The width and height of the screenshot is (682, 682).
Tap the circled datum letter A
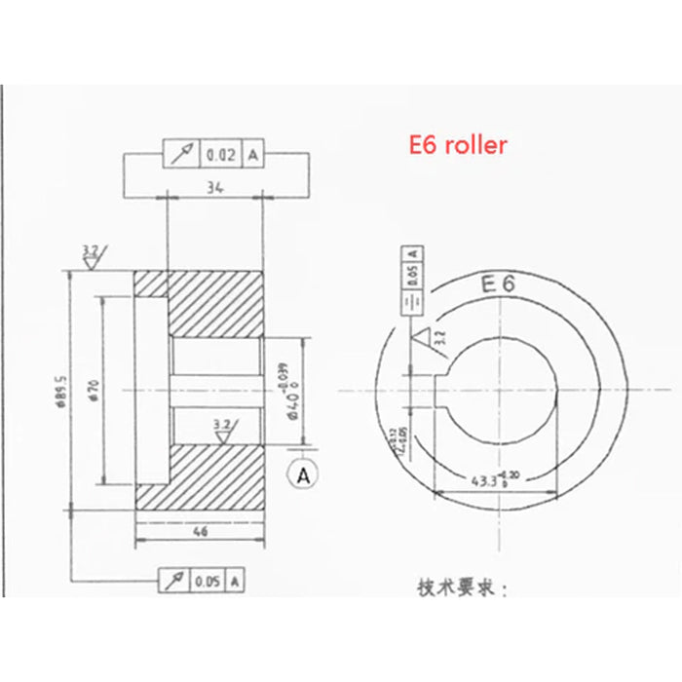coord(304,476)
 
